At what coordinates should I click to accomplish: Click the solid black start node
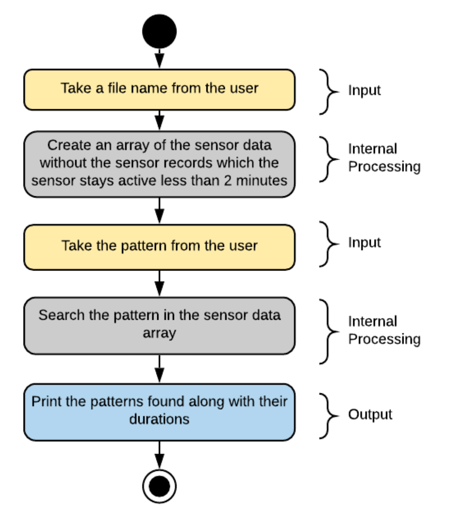pyautogui.click(x=159, y=32)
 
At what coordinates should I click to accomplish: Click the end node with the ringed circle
pyautogui.click(x=159, y=486)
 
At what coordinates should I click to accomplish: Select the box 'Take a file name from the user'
pyautogui.click(x=159, y=90)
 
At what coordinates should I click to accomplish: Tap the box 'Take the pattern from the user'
pyautogui.click(x=159, y=247)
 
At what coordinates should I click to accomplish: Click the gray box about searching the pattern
pyautogui.click(x=159, y=326)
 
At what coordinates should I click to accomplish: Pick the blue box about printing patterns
pyautogui.click(x=159, y=412)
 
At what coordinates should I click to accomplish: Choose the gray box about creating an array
pyautogui.click(x=159, y=164)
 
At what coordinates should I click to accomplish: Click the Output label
pyautogui.click(x=370, y=415)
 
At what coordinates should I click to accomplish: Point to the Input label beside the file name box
pyautogui.click(x=364, y=91)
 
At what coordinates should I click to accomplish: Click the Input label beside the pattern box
pyautogui.click(x=364, y=243)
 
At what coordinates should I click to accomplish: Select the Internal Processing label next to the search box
pyautogui.click(x=384, y=330)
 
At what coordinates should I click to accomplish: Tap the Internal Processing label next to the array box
pyautogui.click(x=384, y=158)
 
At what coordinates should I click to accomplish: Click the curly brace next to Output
pyautogui.click(x=328, y=416)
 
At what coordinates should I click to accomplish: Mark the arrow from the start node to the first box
pyautogui.click(x=159, y=58)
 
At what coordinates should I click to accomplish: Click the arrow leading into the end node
pyautogui.click(x=159, y=455)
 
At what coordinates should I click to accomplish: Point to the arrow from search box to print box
pyautogui.click(x=159, y=369)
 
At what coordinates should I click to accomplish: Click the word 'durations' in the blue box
pyautogui.click(x=159, y=419)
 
